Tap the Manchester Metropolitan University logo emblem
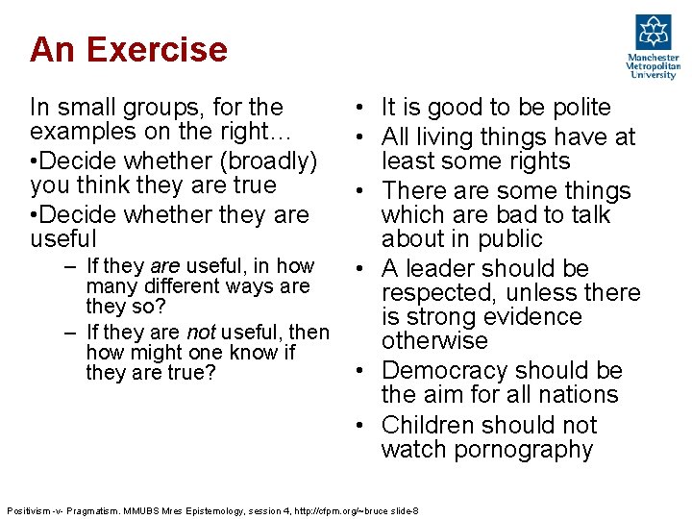(654, 33)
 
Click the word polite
(574, 108)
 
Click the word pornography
(527, 450)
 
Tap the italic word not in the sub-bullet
(200, 333)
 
